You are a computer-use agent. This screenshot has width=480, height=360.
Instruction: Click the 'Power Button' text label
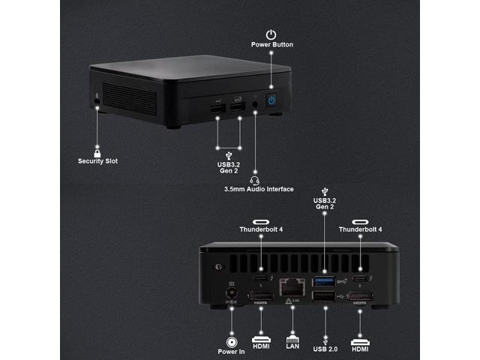[271, 45]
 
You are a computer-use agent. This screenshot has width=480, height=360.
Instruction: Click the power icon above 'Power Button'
[271, 34]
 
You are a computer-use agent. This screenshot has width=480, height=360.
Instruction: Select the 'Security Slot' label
[97, 160]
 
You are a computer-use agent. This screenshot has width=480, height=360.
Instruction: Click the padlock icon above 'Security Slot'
[97, 151]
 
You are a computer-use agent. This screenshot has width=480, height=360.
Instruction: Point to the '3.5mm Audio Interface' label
[259, 189]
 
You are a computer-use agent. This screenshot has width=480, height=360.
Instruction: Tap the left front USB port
[217, 111]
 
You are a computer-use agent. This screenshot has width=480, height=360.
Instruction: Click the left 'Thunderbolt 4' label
[261, 229]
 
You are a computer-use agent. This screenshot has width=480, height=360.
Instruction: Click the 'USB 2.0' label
[324, 348]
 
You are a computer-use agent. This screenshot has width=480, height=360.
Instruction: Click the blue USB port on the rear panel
[324, 282]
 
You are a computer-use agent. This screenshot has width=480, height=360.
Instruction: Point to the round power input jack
[229, 294]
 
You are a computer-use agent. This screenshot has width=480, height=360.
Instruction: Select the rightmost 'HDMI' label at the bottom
[360, 348]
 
